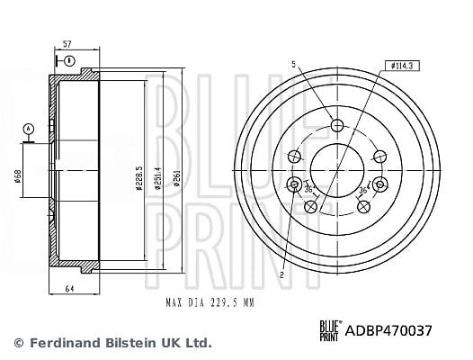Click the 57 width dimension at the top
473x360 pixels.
tap(67, 44)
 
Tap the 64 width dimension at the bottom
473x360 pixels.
tap(69, 288)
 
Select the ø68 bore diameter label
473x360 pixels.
tap(18, 176)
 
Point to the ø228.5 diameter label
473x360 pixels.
tap(139, 178)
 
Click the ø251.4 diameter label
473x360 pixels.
tap(157, 178)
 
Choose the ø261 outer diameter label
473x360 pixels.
tap(177, 178)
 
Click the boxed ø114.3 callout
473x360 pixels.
tap(402, 66)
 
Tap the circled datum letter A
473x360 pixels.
tap(29, 129)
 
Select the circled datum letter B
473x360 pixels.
tap(69, 61)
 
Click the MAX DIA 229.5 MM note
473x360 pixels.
tap(210, 302)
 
